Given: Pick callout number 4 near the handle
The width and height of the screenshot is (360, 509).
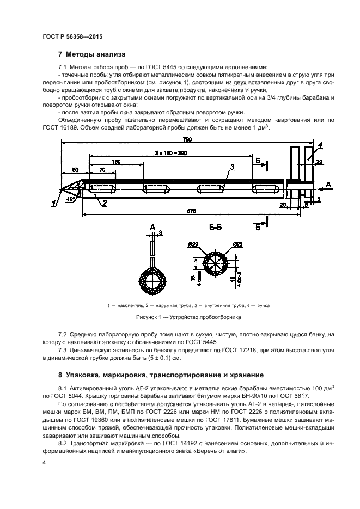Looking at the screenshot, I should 320,145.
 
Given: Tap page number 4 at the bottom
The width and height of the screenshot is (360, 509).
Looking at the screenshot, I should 44,463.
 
